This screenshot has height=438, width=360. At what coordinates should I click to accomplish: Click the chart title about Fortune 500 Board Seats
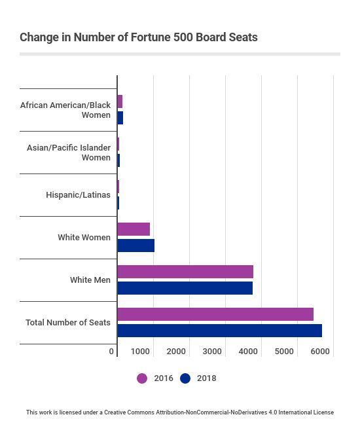tap(138, 37)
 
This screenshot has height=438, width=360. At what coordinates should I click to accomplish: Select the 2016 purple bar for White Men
tap(185, 272)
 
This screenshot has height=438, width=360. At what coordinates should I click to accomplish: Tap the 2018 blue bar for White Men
tap(185, 288)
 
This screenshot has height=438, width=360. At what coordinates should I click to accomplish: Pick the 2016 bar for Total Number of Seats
tap(215, 314)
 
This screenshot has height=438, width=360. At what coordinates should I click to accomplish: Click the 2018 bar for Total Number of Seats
tap(219, 331)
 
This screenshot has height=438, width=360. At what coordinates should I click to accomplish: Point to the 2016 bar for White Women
tap(134, 229)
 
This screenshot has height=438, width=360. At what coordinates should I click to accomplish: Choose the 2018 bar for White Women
tap(135, 246)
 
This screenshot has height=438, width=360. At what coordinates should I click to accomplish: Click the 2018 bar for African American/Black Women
tap(120, 118)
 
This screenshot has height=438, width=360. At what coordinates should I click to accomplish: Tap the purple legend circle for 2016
tap(142, 378)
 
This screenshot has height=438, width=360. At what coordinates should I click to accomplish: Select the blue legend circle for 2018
tap(185, 378)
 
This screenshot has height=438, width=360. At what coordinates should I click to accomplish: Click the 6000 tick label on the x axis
tap(320, 352)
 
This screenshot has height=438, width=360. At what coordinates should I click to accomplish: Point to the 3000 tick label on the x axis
tap(212, 352)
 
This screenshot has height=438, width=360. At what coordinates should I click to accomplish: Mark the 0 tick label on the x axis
tap(112, 352)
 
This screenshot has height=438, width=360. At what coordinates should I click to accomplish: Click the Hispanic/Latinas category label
tap(78, 195)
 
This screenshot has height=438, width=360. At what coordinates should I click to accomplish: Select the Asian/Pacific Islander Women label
tap(69, 153)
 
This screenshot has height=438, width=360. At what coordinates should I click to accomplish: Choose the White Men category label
tap(90, 280)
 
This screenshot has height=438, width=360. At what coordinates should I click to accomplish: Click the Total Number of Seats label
tap(68, 323)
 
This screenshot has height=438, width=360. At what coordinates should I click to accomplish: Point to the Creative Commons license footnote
tap(180, 412)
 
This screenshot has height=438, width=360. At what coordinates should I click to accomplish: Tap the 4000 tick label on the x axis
tap(248, 352)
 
